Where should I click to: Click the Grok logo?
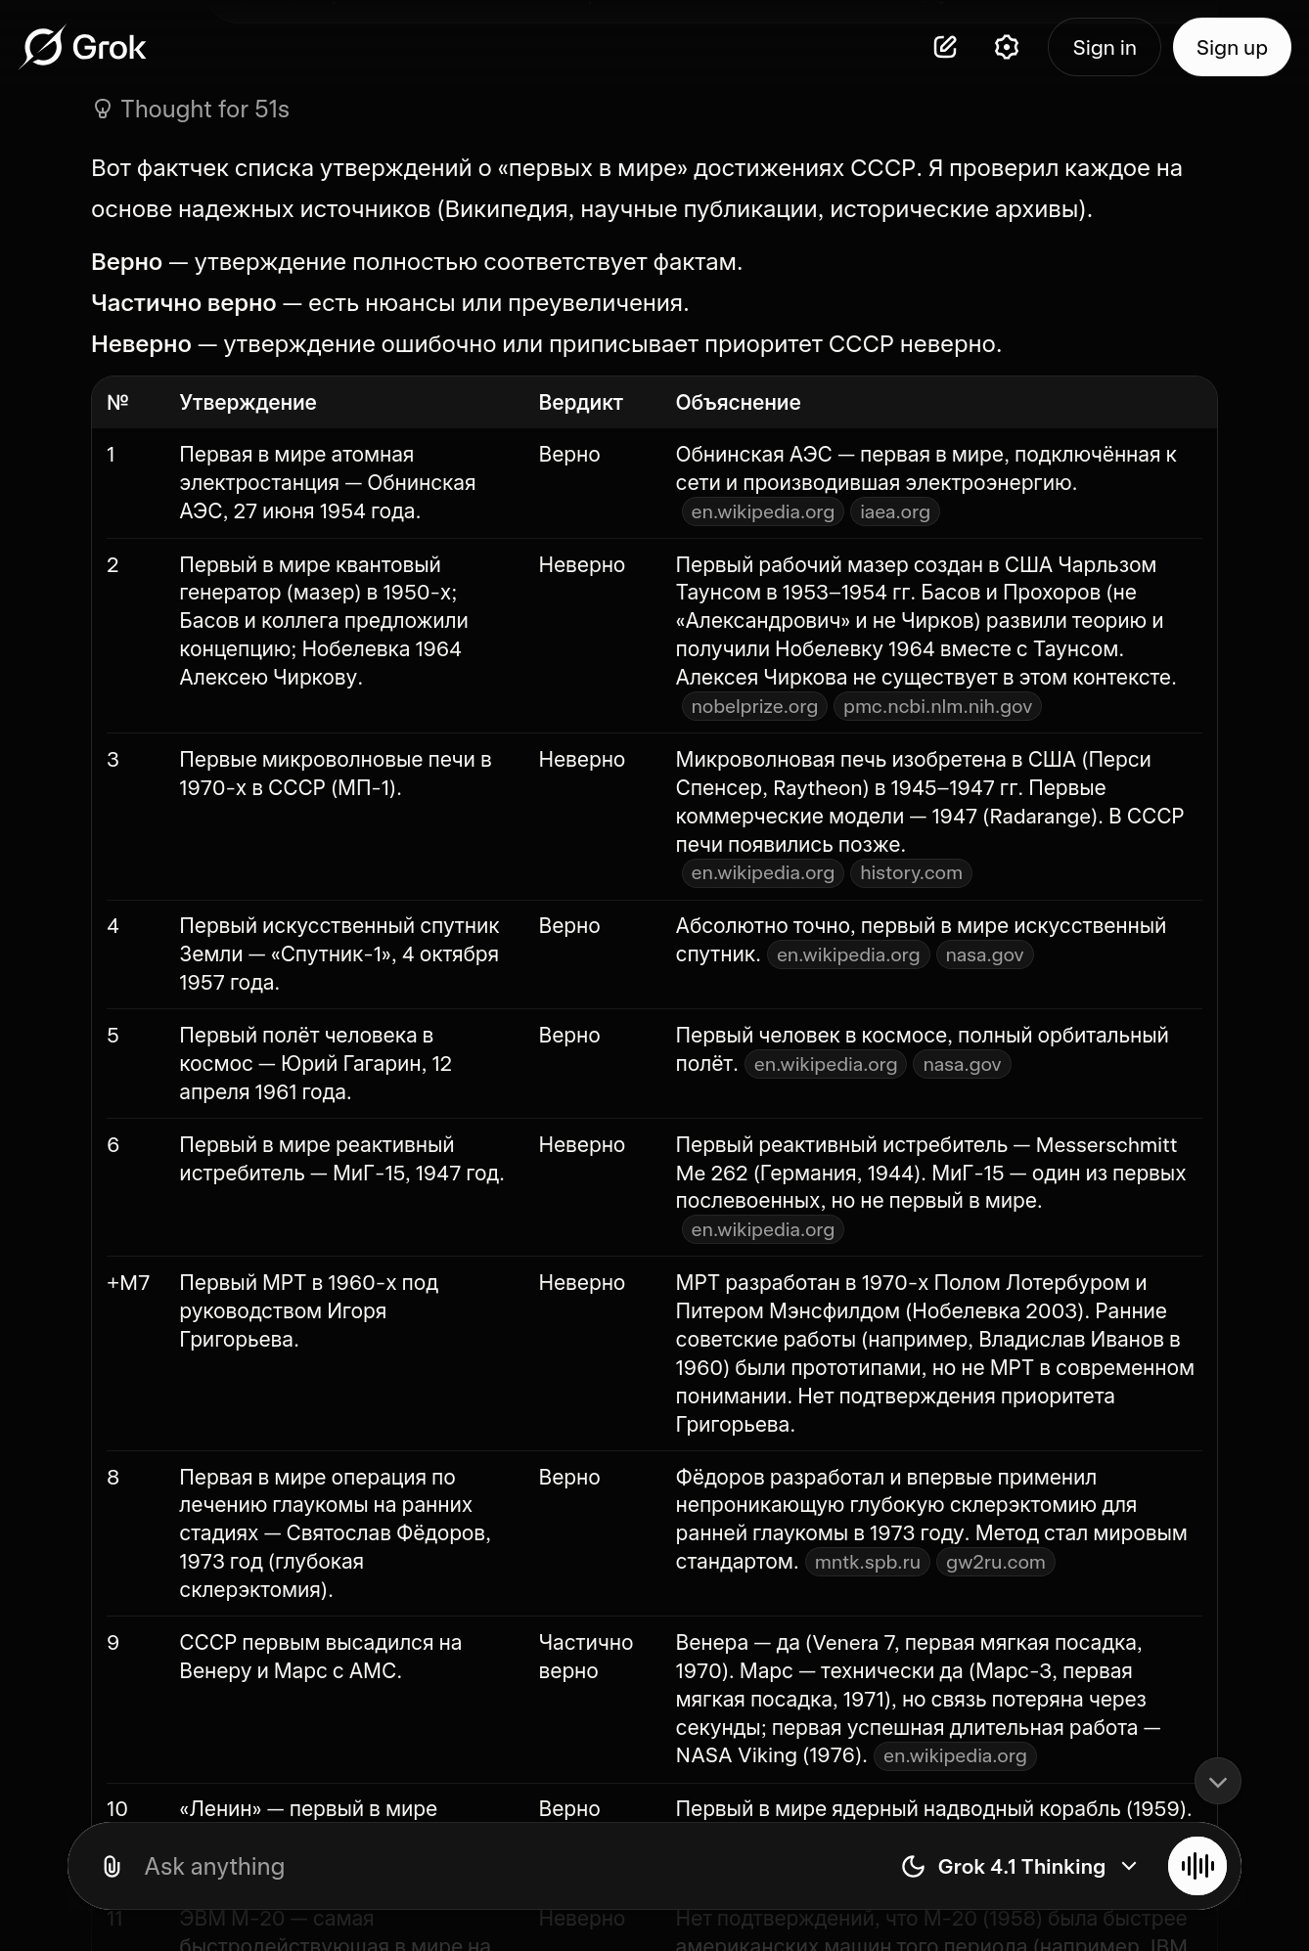83,47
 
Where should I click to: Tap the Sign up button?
1231,47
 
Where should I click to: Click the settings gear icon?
1006,47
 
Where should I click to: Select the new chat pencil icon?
945,47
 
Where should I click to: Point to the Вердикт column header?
580,402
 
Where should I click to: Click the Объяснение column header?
738,402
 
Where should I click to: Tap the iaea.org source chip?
894,511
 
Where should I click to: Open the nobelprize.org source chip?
754,706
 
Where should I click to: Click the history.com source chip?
911,872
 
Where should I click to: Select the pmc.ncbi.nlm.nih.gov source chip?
937,706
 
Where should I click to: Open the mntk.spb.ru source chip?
867,1562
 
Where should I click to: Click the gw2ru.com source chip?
995,1562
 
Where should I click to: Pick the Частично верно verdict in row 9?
585,1656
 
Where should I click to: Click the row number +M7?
128,1282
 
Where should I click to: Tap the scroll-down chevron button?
1217,1781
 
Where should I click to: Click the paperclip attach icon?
112,1866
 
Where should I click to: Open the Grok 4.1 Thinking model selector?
1020,1866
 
